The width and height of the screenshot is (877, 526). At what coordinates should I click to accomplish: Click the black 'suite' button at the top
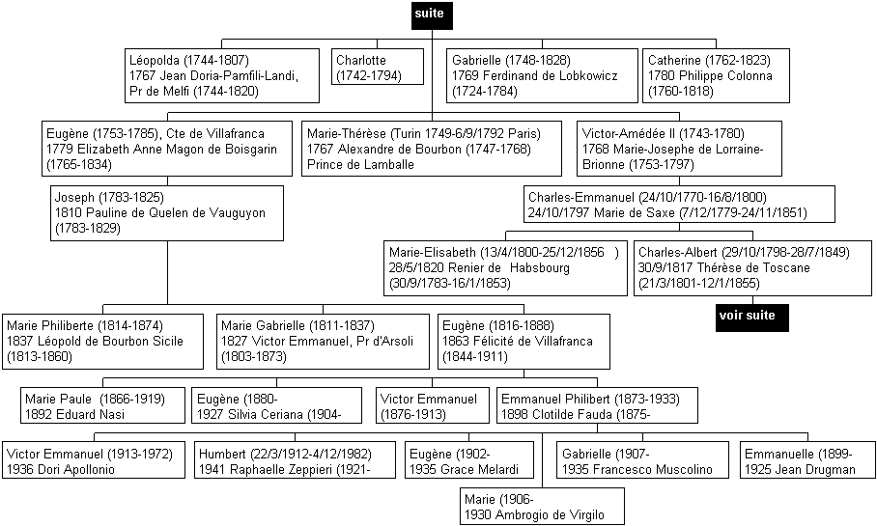pyautogui.click(x=432, y=15)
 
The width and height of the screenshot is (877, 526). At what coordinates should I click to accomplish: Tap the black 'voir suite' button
pyautogui.click(x=752, y=318)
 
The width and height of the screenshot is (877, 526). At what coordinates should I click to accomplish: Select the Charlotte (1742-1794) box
pyautogui.click(x=378, y=67)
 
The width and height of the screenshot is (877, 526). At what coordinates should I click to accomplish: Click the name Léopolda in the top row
pyautogui.click(x=155, y=61)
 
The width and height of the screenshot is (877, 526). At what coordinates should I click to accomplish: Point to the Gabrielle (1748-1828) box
pyautogui.click(x=543, y=75)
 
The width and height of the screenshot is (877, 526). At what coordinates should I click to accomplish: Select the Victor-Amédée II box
pyautogui.click(x=680, y=149)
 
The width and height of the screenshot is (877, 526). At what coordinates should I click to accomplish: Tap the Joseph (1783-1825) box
pyautogui.click(x=167, y=213)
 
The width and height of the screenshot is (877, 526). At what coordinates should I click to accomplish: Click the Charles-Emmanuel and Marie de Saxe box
pyautogui.click(x=680, y=205)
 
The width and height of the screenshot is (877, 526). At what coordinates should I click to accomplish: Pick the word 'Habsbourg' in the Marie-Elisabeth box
pyautogui.click(x=540, y=268)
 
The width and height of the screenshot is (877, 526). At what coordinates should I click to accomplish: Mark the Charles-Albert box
pyautogui.click(x=752, y=267)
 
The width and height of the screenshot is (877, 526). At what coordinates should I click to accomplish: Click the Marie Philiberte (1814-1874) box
pyautogui.click(x=103, y=342)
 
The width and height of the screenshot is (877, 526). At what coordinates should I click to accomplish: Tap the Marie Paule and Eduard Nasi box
pyautogui.click(x=103, y=405)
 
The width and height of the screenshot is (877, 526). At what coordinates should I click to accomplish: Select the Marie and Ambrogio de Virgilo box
pyautogui.click(x=542, y=506)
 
